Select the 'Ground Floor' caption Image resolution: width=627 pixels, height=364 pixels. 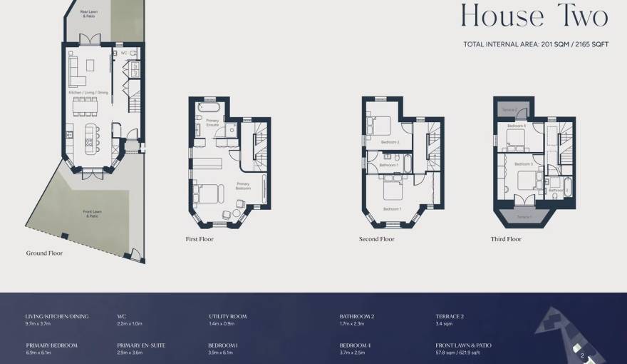pyautogui.click(x=45, y=253)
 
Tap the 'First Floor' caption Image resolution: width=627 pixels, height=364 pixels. pyautogui.click(x=199, y=239)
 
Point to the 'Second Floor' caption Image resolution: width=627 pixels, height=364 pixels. pyautogui.click(x=377, y=239)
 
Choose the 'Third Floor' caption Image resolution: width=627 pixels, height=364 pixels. pyautogui.click(x=506, y=239)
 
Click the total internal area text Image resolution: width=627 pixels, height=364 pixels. pyautogui.click(x=536, y=44)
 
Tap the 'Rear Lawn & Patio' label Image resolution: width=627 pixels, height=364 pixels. pyautogui.click(x=89, y=12)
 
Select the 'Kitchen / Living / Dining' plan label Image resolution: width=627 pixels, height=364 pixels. pyautogui.click(x=89, y=92)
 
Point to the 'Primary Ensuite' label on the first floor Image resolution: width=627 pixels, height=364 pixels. pyautogui.click(x=212, y=122)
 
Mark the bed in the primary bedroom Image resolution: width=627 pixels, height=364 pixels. pyautogui.click(x=209, y=193)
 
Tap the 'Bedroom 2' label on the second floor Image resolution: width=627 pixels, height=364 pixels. pyautogui.click(x=390, y=142)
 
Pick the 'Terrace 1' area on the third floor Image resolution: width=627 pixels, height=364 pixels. pyautogui.click(x=524, y=216)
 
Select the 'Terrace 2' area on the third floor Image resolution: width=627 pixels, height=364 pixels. pyautogui.click(x=509, y=110)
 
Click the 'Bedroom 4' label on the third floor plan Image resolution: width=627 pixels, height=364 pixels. pyautogui.click(x=517, y=126)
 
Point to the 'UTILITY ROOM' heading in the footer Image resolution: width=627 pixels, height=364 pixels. pyautogui.click(x=228, y=316)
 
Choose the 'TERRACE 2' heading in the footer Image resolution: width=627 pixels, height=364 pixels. pyautogui.click(x=450, y=316)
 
